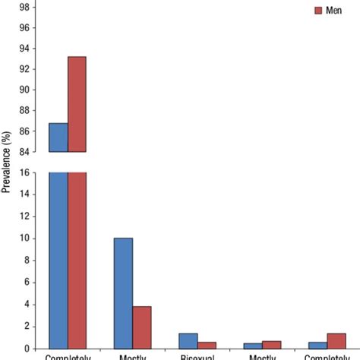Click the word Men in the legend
coord(333,11)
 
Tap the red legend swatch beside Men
coord(318,11)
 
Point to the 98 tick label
coord(24,7)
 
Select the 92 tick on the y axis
coord(24,69)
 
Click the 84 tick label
coord(24,152)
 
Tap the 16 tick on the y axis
coord(24,172)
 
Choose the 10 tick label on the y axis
coord(24,238)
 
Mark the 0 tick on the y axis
coord(27,349)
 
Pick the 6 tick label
coord(27,283)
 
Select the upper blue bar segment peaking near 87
coord(58,137)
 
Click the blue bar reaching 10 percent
coord(123,293)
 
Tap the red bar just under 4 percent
coord(142,327)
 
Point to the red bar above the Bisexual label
coord(207,345)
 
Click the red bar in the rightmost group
coord(336,341)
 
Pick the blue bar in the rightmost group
coord(318,345)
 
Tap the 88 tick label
coord(24,110)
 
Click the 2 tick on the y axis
coord(27,327)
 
